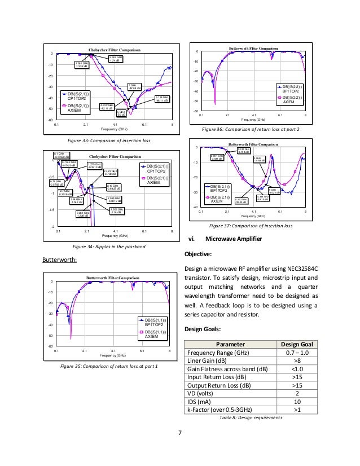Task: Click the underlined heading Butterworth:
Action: tap(59, 260)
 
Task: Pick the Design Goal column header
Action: tap(295, 345)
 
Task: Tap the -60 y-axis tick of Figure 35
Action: tap(49, 346)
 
